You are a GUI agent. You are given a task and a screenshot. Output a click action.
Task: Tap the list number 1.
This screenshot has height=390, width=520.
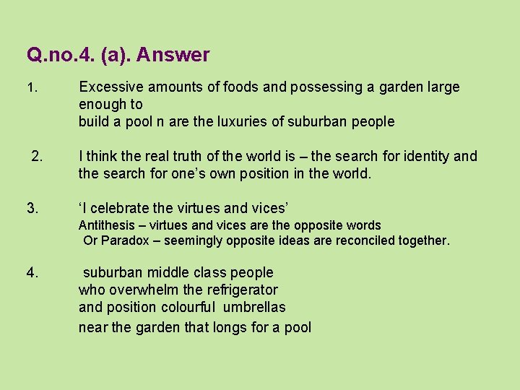click(x=30, y=88)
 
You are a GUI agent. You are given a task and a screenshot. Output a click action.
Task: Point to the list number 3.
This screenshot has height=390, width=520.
click(x=32, y=209)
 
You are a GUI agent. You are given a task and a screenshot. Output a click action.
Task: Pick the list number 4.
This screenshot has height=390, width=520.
click(x=32, y=272)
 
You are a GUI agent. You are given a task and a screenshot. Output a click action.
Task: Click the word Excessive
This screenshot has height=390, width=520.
click(x=110, y=87)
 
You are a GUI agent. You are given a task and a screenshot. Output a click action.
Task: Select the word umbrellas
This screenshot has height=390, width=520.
click(x=252, y=307)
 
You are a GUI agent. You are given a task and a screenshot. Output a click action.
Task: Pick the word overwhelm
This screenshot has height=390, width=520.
click(x=144, y=290)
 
